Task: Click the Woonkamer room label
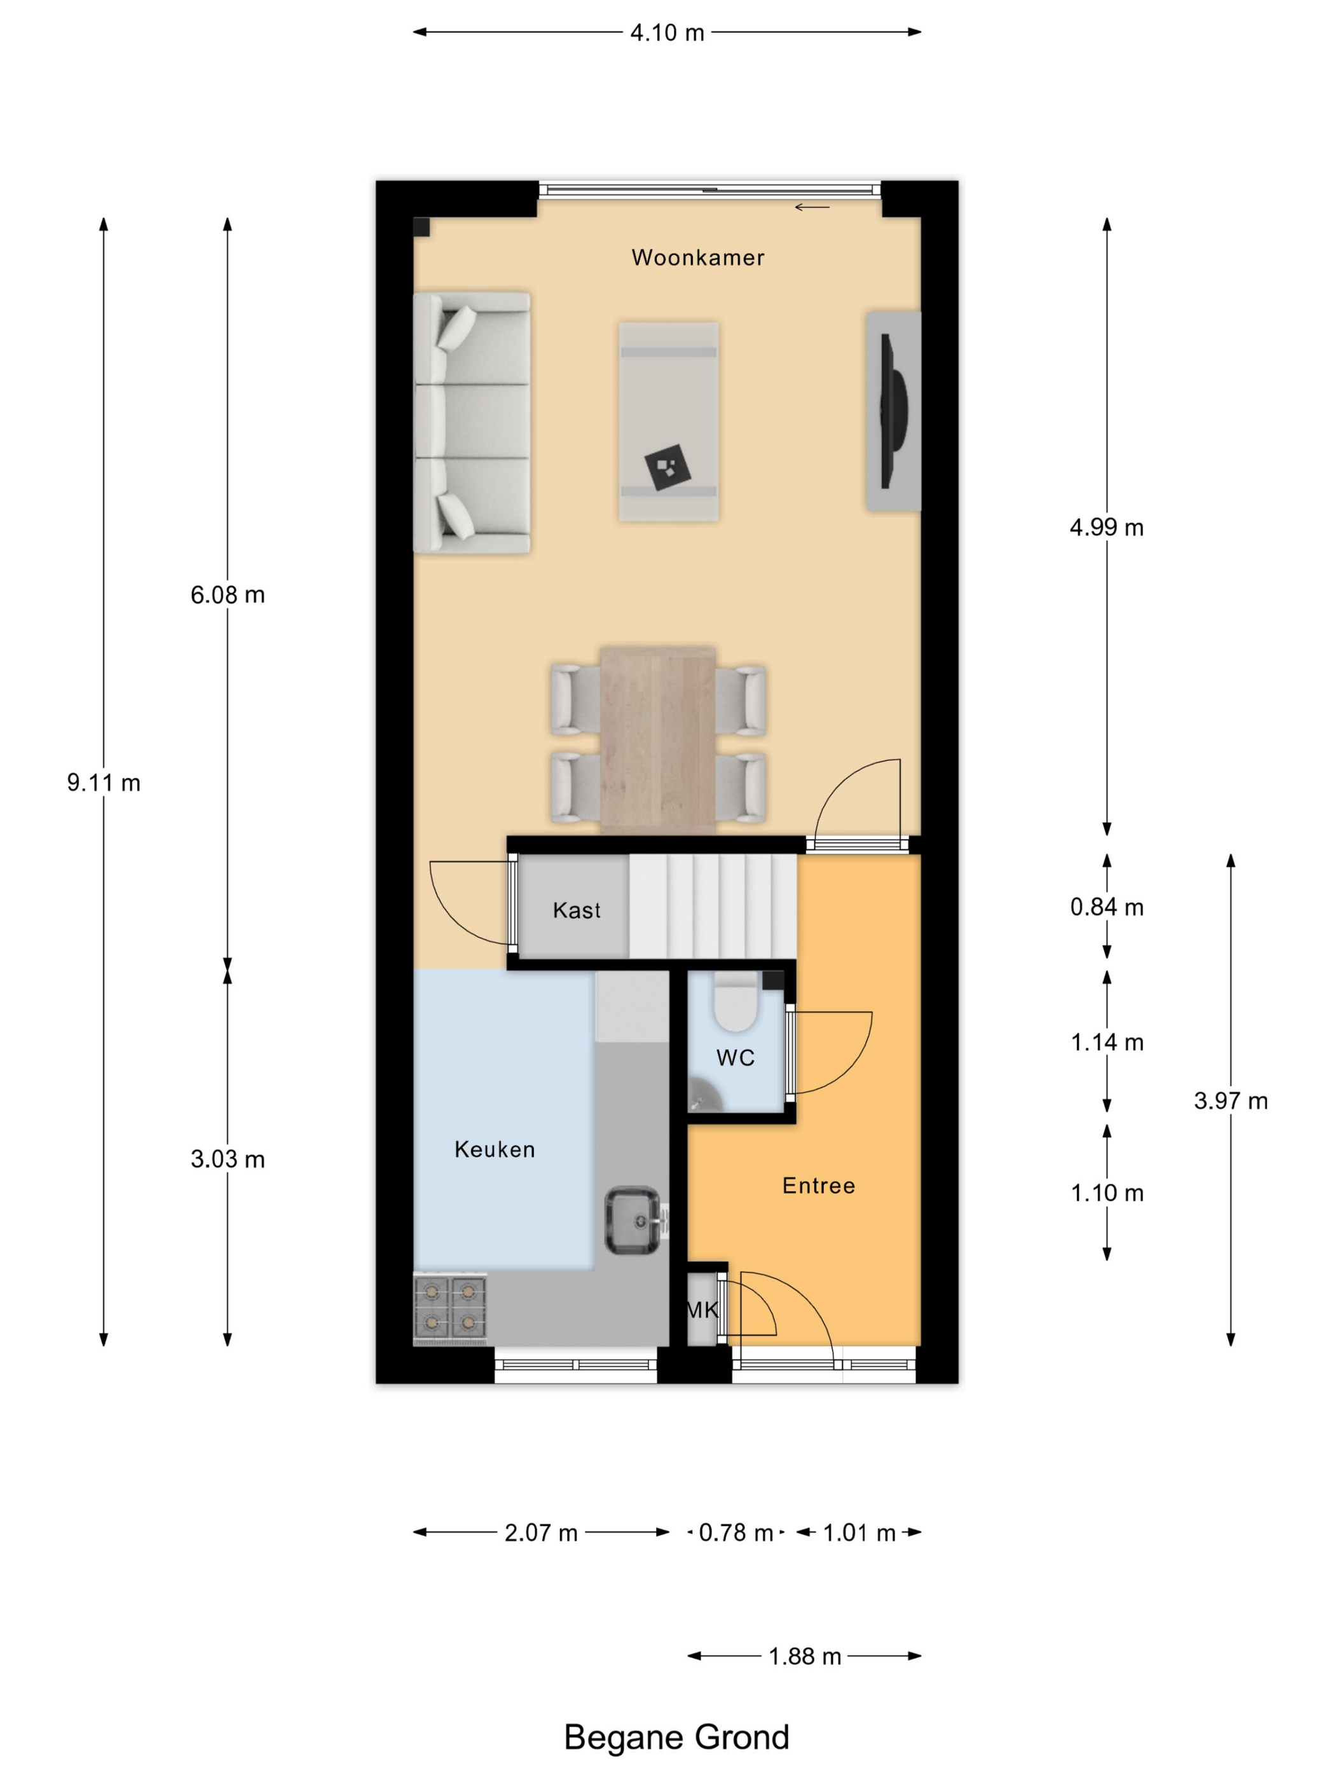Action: coord(697,257)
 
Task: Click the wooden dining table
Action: coord(658,739)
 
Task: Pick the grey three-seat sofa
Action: coord(472,423)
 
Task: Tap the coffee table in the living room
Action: coord(669,421)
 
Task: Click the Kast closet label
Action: coord(576,910)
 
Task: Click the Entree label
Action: coord(818,1186)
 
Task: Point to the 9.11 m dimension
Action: coord(104,782)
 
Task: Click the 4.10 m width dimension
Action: coord(667,33)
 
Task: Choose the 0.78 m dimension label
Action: coord(736,1533)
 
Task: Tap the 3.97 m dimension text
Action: coord(1230,1101)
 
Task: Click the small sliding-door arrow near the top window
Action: coord(812,207)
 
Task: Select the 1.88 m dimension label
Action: coord(805,1657)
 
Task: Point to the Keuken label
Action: coord(494,1149)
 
